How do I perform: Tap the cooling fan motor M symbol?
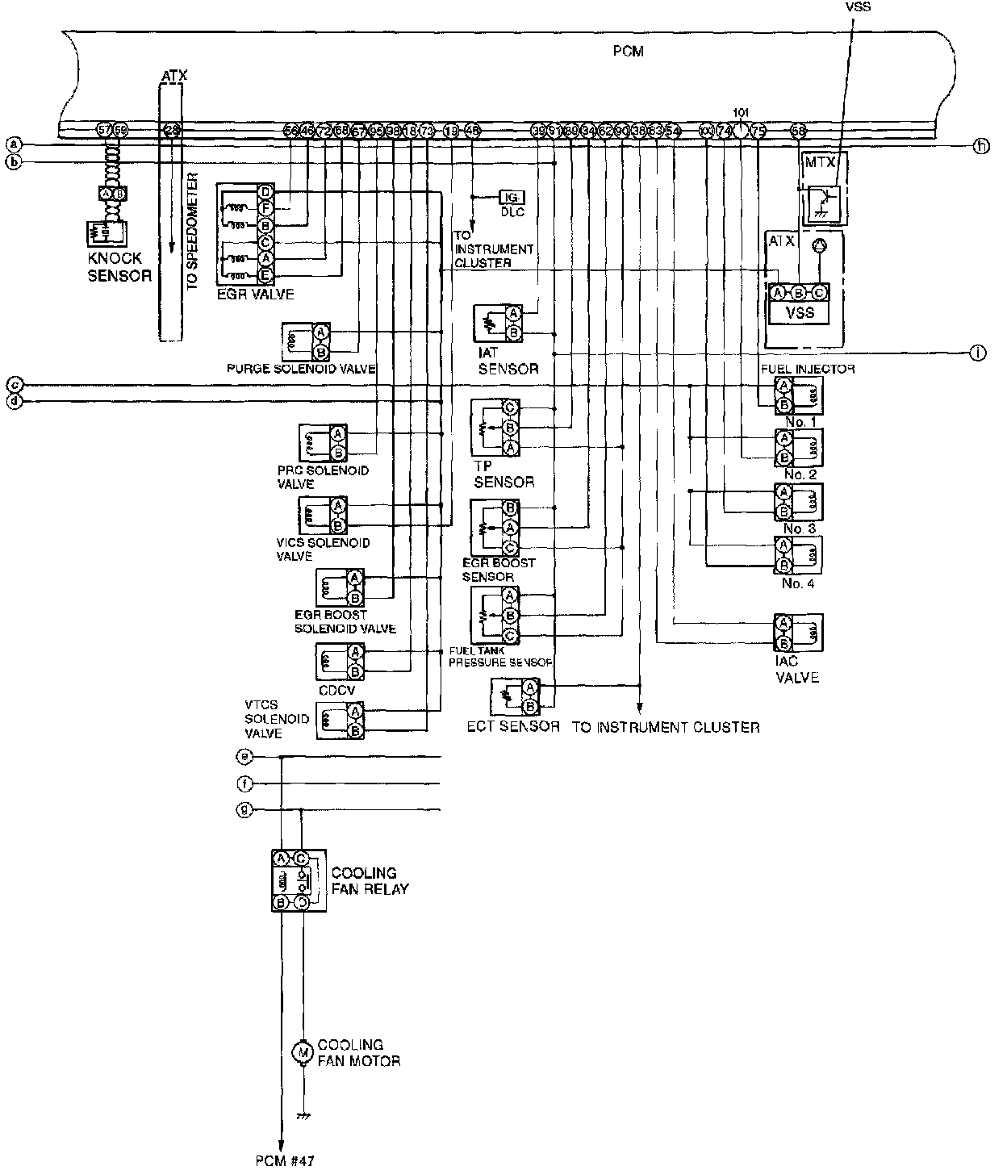click(303, 1051)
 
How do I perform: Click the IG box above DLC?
click(511, 197)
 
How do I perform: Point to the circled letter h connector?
click(980, 146)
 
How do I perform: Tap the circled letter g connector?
click(244, 809)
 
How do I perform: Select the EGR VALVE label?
click(255, 295)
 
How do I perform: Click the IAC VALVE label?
click(796, 670)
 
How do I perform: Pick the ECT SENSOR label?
click(513, 726)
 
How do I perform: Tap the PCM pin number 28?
click(172, 129)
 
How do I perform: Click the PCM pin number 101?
click(742, 112)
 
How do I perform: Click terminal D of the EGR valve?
click(265, 191)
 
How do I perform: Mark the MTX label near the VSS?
click(823, 162)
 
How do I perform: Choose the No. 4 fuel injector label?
click(797, 583)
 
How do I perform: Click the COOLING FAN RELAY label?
click(370, 880)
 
